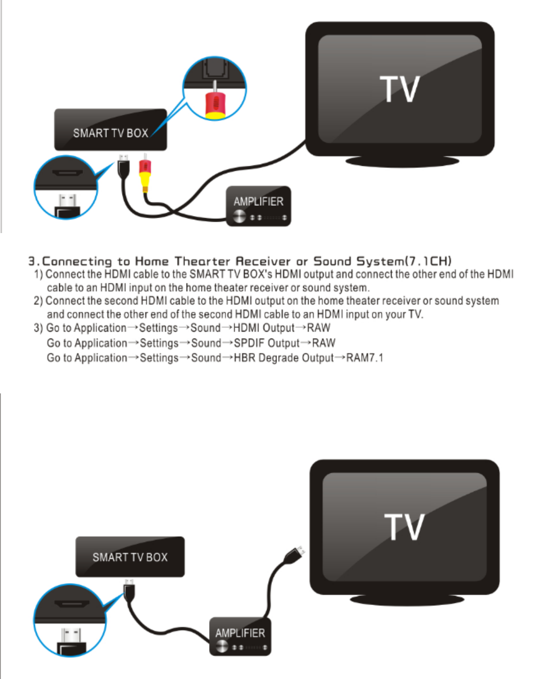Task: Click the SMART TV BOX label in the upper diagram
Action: (111, 133)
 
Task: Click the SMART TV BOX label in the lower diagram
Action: (130, 557)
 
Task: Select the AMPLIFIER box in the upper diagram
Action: (258, 206)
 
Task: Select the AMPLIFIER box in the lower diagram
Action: (240, 636)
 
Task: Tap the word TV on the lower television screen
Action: (404, 526)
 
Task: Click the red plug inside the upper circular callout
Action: (214, 103)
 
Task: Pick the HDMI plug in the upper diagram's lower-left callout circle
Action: (67, 204)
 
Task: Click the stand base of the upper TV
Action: (402, 161)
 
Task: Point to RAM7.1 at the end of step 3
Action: (365, 358)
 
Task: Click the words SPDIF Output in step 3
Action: (266, 343)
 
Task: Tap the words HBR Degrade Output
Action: (283, 358)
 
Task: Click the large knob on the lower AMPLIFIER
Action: (222, 647)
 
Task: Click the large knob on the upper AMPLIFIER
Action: (240, 217)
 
